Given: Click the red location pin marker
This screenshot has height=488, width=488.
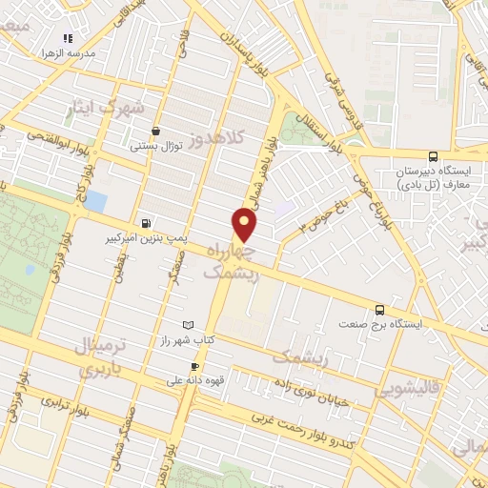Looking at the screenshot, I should [x=246, y=224].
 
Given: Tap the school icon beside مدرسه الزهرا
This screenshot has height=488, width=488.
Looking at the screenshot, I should [x=68, y=39].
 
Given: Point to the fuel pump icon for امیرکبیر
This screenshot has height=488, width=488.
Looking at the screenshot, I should [x=144, y=215].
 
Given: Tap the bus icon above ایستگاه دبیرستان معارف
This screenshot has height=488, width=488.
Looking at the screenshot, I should [x=434, y=156].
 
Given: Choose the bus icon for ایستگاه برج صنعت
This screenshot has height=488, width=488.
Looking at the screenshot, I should [x=380, y=309].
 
